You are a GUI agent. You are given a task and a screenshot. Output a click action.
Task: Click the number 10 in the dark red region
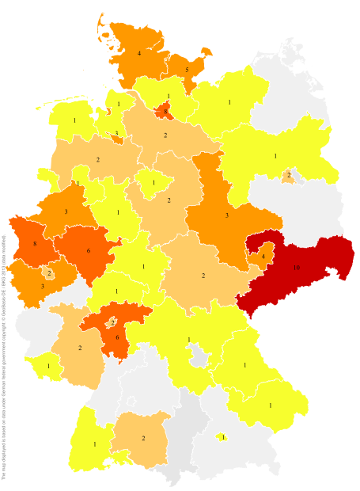tap(296, 268)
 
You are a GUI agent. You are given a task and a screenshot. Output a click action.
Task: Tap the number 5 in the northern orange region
tap(187, 70)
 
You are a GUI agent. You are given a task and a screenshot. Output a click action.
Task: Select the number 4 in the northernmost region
tap(139, 53)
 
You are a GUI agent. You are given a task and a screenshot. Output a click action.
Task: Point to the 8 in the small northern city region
tap(165, 112)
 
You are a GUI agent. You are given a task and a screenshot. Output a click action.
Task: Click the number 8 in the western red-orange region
tap(35, 245)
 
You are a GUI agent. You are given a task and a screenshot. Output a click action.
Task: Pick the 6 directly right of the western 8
tap(89, 251)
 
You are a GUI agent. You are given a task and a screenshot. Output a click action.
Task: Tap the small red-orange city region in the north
tap(161, 111)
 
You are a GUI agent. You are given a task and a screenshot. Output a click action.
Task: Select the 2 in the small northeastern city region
tap(289, 175)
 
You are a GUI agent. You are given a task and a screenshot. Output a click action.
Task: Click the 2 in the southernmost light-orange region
tap(143, 438)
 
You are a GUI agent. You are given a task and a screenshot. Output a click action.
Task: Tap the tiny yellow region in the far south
tap(223, 436)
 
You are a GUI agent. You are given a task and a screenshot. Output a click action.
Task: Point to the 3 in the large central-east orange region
tap(227, 215)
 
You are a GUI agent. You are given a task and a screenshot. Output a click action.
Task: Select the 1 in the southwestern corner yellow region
tap(95, 444)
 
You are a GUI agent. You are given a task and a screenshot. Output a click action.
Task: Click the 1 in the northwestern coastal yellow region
tap(74, 121)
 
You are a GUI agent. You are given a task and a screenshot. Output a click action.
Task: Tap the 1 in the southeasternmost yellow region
tap(270, 405)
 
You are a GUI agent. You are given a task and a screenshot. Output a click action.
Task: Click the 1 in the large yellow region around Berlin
tap(275, 156)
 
